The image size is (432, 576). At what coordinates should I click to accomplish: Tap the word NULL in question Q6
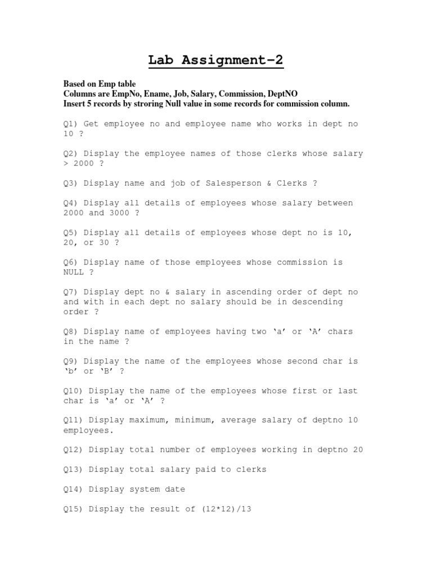[74, 272]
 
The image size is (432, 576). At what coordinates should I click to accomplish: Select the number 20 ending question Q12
[358, 450]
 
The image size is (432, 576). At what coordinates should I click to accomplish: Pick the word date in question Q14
[175, 489]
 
